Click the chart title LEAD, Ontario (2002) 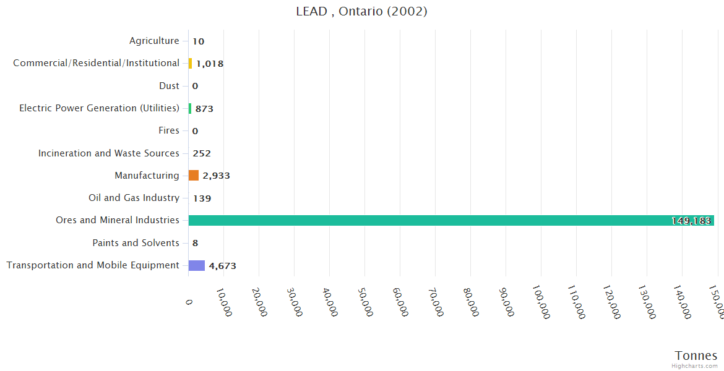coord(361,12)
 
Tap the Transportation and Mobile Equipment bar coord(196,265)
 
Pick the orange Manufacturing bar coord(194,176)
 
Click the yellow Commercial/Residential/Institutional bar coord(190,63)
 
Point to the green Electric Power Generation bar coord(190,108)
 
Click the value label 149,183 coord(691,221)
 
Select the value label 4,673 coord(222,266)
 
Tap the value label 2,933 coord(216,176)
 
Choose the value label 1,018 coord(210,64)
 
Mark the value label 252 coord(202,153)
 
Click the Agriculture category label coord(154,41)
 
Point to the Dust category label coord(169,86)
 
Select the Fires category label coord(169,130)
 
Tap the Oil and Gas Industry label coord(134,198)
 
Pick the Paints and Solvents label coord(136,243)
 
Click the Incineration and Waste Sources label coord(109,153)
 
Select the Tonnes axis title coord(696,356)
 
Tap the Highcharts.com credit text coord(695,366)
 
